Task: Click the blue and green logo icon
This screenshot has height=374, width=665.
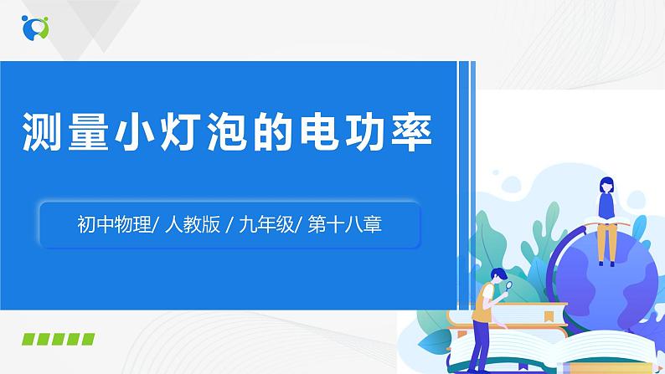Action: tap(35, 27)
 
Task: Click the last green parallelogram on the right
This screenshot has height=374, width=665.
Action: tap(86, 339)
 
